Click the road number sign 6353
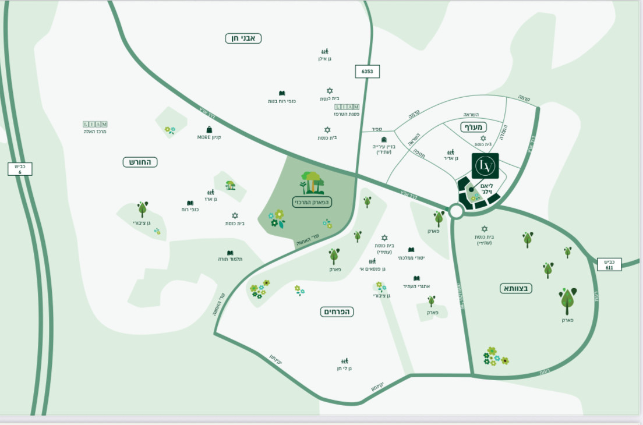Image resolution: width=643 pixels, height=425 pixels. pyautogui.click(x=367, y=72)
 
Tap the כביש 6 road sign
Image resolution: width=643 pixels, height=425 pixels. pyautogui.click(x=20, y=169)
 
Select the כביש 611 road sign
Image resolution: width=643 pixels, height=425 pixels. pyautogui.click(x=609, y=264)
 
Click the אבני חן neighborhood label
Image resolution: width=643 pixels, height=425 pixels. pyautogui.click(x=243, y=38)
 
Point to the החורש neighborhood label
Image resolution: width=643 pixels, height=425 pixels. pyautogui.click(x=140, y=162)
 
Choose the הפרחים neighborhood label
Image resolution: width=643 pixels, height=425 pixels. pyautogui.click(x=337, y=312)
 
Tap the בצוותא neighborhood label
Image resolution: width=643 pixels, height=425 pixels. pyautogui.click(x=516, y=288)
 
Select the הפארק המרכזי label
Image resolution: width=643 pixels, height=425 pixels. pyautogui.click(x=312, y=202)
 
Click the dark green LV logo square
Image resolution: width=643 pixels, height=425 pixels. pyautogui.click(x=485, y=166)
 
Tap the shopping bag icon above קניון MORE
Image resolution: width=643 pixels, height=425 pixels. pyautogui.click(x=209, y=130)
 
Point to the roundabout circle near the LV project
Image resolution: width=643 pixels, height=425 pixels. pyautogui.click(x=456, y=211)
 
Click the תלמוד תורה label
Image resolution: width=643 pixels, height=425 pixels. pyautogui.click(x=230, y=259)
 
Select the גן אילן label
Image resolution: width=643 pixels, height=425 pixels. pyautogui.click(x=324, y=59)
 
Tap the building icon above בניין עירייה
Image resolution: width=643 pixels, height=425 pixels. pyautogui.click(x=384, y=139)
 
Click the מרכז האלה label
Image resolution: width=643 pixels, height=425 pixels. pyautogui.click(x=95, y=132)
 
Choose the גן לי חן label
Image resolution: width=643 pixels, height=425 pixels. pyautogui.click(x=344, y=369)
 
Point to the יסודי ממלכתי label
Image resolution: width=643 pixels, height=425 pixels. pyautogui.click(x=411, y=258)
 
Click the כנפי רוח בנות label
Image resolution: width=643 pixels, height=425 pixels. pyautogui.click(x=282, y=101)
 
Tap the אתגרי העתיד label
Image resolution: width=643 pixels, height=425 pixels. pyautogui.click(x=416, y=286)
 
